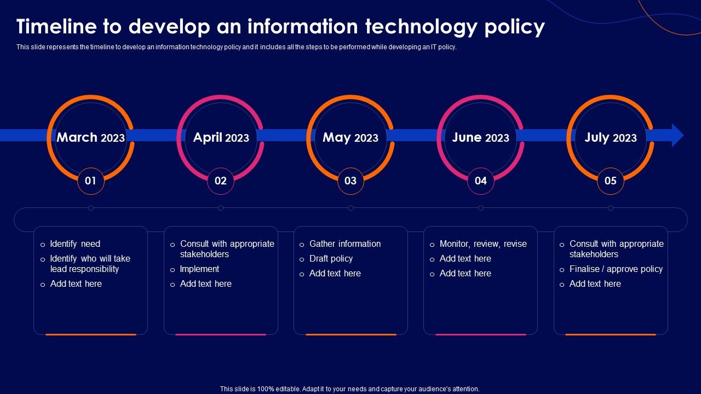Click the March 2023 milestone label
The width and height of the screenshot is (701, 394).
pos(90,137)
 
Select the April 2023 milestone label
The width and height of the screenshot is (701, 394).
pos(221,137)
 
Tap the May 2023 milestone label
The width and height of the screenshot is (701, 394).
pos(350,137)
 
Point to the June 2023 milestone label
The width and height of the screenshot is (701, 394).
pos(480,137)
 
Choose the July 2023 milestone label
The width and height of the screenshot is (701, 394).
pos(610,137)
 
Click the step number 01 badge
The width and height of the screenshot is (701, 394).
pos(91,181)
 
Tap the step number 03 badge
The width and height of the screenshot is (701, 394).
pos(350,181)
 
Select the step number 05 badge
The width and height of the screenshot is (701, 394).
pos(610,181)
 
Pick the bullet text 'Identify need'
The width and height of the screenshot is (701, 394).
pos(75,244)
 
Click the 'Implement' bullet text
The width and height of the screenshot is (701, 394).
pos(199,269)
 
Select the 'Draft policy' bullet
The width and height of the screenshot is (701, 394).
pos(331,259)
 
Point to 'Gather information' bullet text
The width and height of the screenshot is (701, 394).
pos(345,244)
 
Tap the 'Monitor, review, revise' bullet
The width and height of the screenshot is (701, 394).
pos(483,244)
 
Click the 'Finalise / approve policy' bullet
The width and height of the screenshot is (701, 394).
pos(616,269)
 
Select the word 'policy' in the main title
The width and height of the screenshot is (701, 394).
pos(514,27)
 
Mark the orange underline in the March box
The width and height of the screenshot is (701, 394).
pos(91,334)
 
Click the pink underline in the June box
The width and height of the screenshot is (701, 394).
pos(480,334)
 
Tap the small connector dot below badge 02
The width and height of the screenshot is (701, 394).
pos(221,208)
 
